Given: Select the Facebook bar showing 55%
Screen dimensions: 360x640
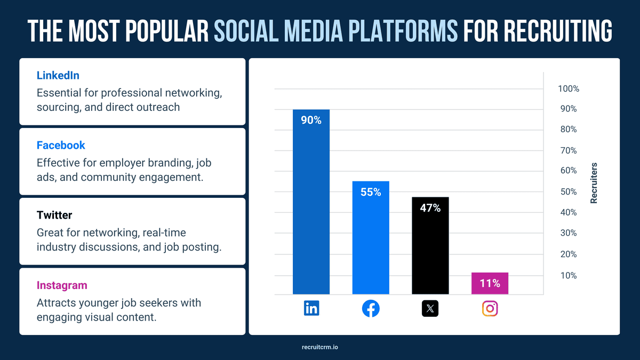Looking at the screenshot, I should [371, 237].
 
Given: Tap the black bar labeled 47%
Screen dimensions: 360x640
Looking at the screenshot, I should [430, 245].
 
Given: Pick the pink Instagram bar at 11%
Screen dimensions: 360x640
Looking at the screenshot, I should [490, 283].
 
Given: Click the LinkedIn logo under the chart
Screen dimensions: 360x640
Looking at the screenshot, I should [311, 308].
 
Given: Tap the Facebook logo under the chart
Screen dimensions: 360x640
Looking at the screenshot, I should [371, 308].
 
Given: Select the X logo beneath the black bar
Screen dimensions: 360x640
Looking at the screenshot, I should [430, 308].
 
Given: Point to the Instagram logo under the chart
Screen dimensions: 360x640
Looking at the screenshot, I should [490, 308].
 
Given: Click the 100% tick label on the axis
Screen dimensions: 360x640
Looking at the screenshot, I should [569, 89].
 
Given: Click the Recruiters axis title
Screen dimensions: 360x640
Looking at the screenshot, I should [594, 183].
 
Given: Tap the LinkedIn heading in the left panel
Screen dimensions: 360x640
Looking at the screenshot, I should [58, 75].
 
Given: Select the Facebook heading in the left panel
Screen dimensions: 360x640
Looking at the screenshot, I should [61, 145].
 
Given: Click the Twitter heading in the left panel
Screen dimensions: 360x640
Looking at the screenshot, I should [54, 215].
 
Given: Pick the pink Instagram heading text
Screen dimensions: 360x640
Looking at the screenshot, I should [62, 285].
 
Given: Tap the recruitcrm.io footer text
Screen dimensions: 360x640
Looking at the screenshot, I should [320, 347].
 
